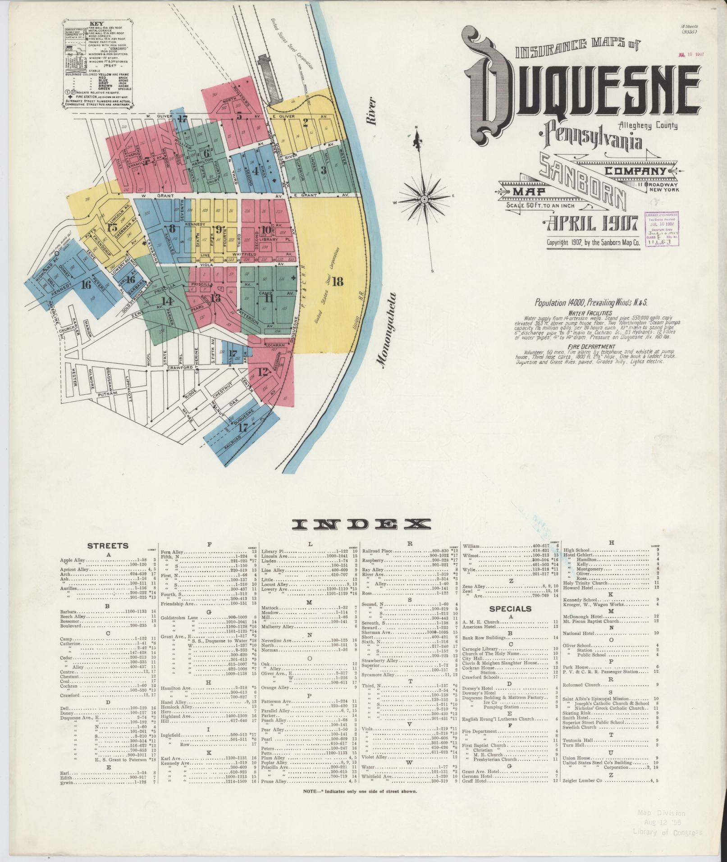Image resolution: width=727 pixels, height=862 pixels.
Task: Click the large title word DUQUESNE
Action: coord(584,92)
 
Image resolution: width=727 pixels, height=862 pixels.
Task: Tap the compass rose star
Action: coord(424,199)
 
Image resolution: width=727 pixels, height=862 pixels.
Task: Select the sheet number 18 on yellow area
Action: coord(338,283)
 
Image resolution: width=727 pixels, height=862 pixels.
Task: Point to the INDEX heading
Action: coord(361,524)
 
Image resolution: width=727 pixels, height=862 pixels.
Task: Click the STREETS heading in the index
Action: coord(108,546)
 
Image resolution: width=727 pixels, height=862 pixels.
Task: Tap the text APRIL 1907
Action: coord(592,222)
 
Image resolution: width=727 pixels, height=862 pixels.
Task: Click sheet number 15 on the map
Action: coord(112,228)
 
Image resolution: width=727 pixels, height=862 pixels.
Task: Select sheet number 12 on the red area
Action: coord(264,372)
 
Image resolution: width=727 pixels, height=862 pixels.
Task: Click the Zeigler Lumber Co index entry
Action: coord(583,780)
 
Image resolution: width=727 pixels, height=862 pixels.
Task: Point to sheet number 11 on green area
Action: coord(269,298)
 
